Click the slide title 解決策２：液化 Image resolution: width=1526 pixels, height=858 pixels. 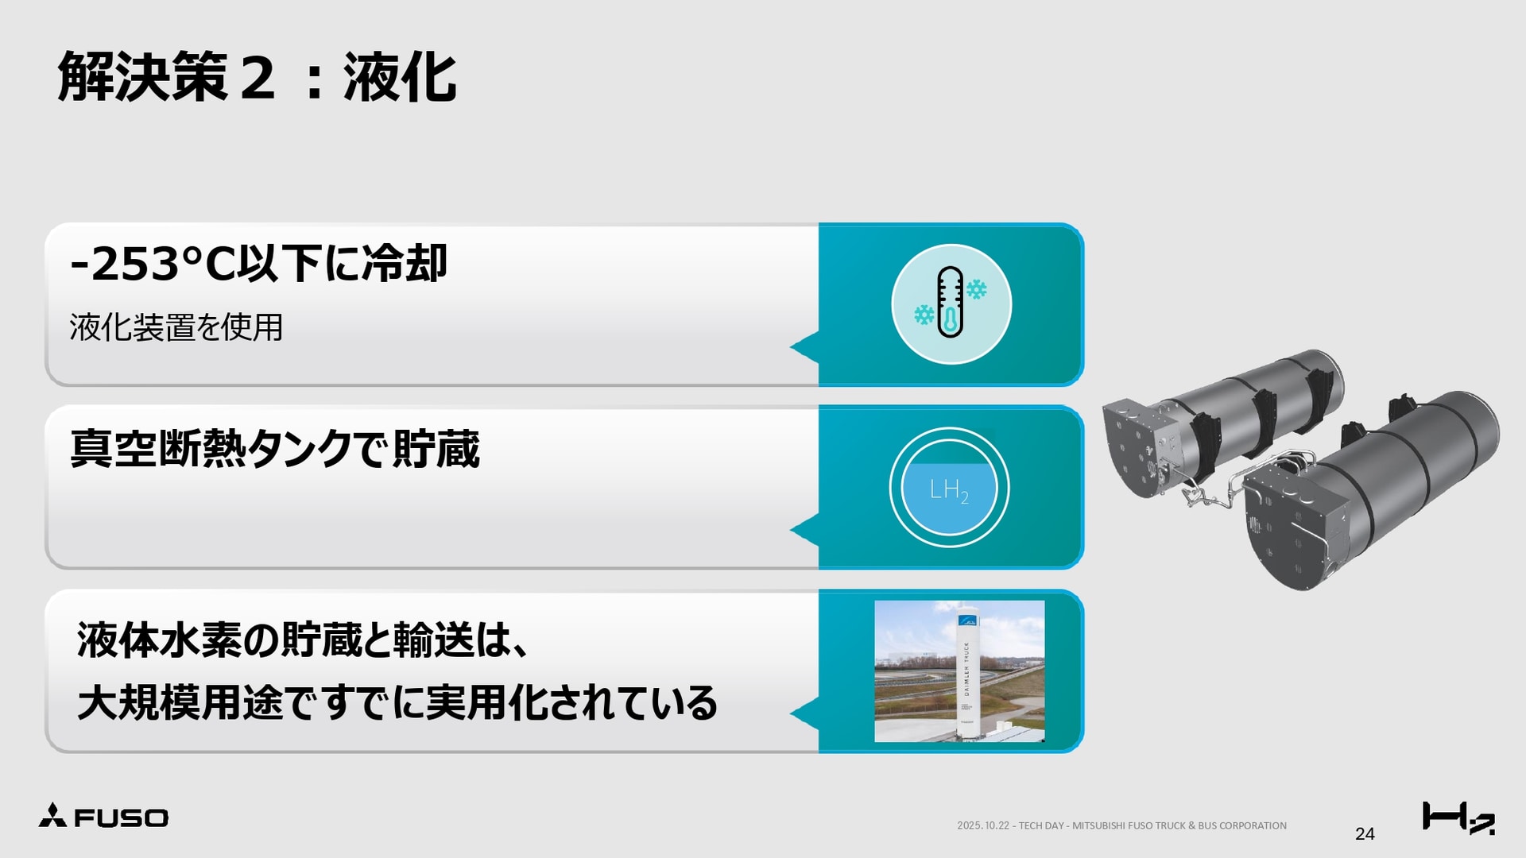coord(257,78)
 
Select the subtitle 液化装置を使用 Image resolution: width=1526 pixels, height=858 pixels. coord(176,327)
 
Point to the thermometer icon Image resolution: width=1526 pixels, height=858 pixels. coord(950,302)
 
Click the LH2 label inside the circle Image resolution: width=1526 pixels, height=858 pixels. coord(949,491)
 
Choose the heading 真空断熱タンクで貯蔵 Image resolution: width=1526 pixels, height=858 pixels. coord(275,449)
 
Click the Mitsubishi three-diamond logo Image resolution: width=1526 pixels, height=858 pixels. coord(52,815)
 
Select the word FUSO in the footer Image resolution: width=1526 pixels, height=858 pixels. coord(121,818)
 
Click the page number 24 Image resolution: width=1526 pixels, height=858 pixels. coord(1365,833)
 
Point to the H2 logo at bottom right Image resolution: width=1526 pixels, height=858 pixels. coord(1458,817)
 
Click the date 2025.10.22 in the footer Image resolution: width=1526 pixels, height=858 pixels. coord(982,825)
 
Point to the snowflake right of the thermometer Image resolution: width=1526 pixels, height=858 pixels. coord(976,289)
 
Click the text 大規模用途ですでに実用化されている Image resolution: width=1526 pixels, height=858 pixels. coord(397,703)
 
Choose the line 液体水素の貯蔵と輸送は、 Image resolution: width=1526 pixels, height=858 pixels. coord(302,640)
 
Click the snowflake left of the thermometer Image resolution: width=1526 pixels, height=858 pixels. coord(924,315)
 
